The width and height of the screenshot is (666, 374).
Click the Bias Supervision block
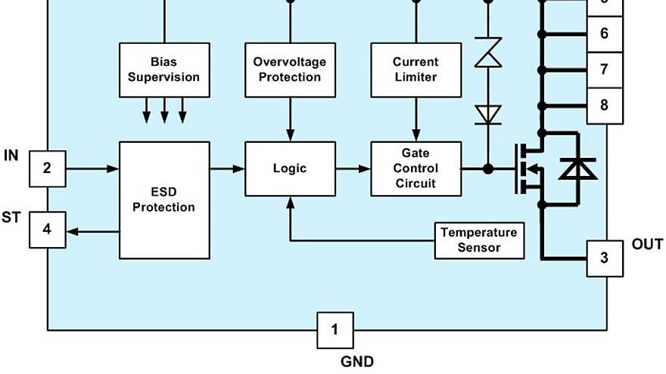pyautogui.click(x=163, y=70)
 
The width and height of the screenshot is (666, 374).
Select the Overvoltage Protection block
pyautogui.click(x=290, y=70)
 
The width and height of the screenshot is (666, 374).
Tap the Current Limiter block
pyautogui.click(x=415, y=70)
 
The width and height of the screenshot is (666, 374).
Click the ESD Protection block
pyautogui.click(x=163, y=199)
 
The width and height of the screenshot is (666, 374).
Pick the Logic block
pyautogui.click(x=290, y=168)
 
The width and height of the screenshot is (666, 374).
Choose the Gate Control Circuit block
pyautogui.click(x=415, y=168)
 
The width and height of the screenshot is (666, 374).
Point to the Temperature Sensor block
pyautogui.click(x=478, y=240)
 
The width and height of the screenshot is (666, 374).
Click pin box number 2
pyautogui.click(x=47, y=168)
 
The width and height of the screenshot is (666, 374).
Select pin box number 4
pyautogui.click(x=47, y=229)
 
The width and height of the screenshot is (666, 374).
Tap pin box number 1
pyautogui.click(x=335, y=329)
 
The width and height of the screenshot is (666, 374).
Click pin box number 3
pyautogui.click(x=604, y=258)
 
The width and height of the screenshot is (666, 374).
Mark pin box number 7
pyautogui.click(x=604, y=70)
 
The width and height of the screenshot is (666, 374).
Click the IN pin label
pyautogui.click(x=11, y=156)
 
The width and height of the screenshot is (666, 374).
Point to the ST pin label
pyautogui.click(x=11, y=218)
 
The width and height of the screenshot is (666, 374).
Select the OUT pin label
pyautogui.click(x=647, y=245)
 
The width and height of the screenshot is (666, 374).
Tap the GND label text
pyautogui.click(x=356, y=362)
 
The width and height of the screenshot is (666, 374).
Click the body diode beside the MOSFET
pyautogui.click(x=577, y=168)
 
